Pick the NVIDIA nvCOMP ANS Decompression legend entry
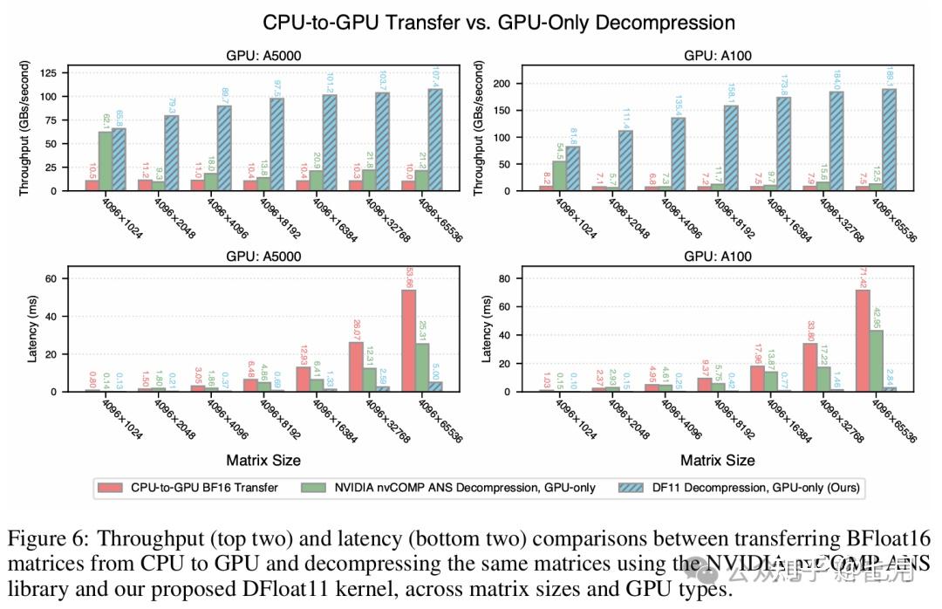pos(462,488)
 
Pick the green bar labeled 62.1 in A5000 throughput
pos(105,161)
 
